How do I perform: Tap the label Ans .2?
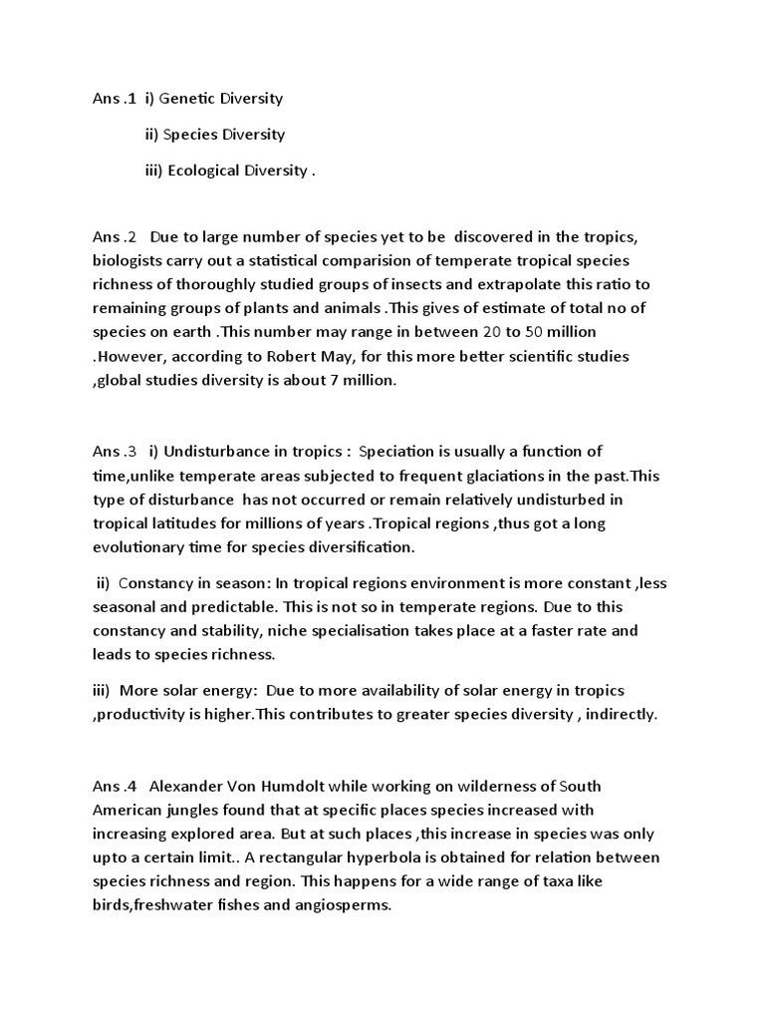point(114,236)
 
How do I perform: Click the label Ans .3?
point(114,452)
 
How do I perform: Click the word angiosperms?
point(336,905)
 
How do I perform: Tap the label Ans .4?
point(114,786)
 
